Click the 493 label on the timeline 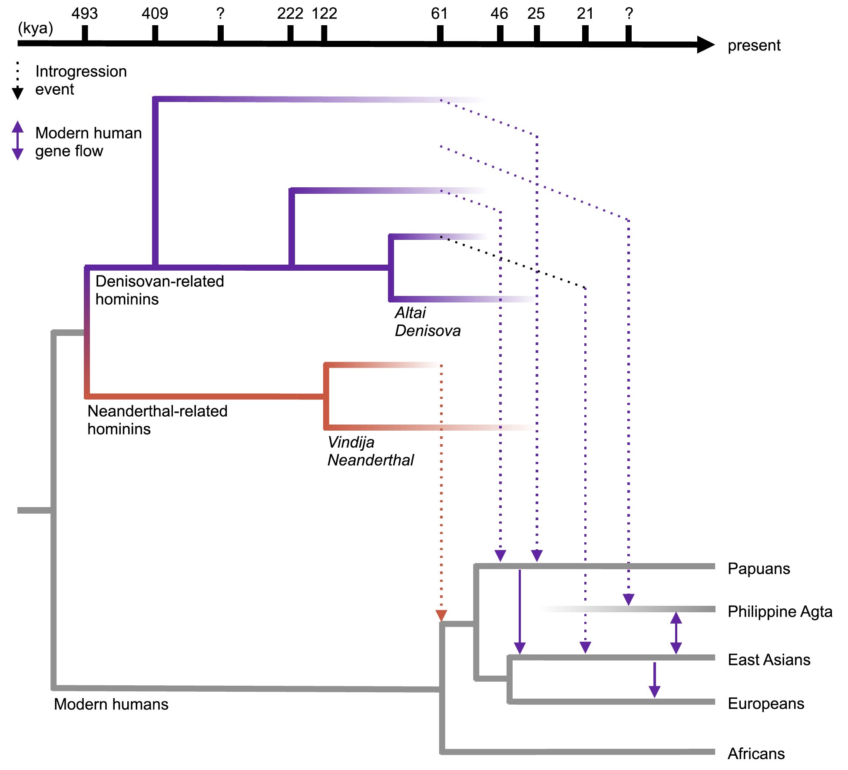coord(85,13)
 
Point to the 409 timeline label coord(155,13)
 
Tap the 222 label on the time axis coord(290,13)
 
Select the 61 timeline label coord(439,13)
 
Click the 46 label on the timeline coord(499,13)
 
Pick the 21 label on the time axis coord(585,13)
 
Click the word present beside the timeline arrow coord(754,46)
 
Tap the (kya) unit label coord(35,29)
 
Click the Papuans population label coord(759,569)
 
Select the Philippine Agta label coord(780,612)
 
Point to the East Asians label coord(769,660)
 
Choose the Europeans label coord(766,704)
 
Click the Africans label coord(756,753)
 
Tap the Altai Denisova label coord(428,322)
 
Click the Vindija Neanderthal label coord(371,451)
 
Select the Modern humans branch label coord(111,704)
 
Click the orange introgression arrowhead coord(441,616)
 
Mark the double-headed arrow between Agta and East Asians coord(676,633)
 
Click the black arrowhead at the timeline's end coord(706,44)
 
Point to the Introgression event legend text coord(81,80)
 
